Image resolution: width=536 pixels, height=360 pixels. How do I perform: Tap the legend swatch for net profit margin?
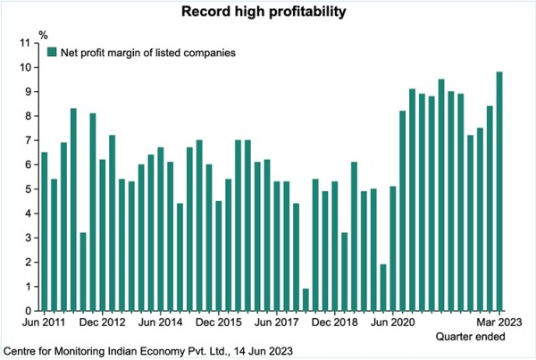(x=51, y=53)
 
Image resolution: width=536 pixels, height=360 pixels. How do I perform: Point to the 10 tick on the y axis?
(x=28, y=67)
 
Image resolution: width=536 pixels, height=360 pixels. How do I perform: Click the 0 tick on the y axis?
(x=30, y=310)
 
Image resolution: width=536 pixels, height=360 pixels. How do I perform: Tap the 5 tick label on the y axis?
(x=30, y=188)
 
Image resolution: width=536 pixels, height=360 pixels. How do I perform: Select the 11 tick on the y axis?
(x=28, y=43)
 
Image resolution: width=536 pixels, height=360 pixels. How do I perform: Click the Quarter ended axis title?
(x=471, y=336)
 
